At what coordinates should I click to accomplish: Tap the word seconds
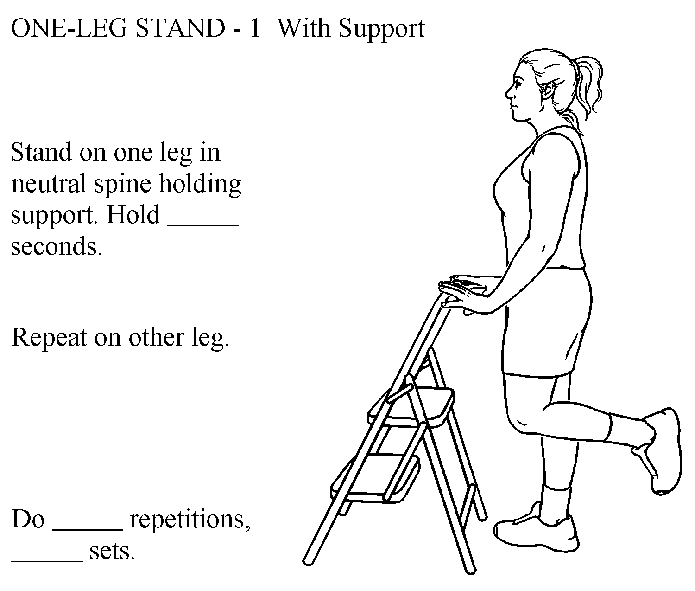(56, 247)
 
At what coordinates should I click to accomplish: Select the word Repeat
(49, 338)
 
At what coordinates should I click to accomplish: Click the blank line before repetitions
(88, 529)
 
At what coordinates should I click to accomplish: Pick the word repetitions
(190, 520)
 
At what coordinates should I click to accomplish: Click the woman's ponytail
(587, 91)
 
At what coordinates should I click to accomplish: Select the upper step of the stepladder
(411, 408)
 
